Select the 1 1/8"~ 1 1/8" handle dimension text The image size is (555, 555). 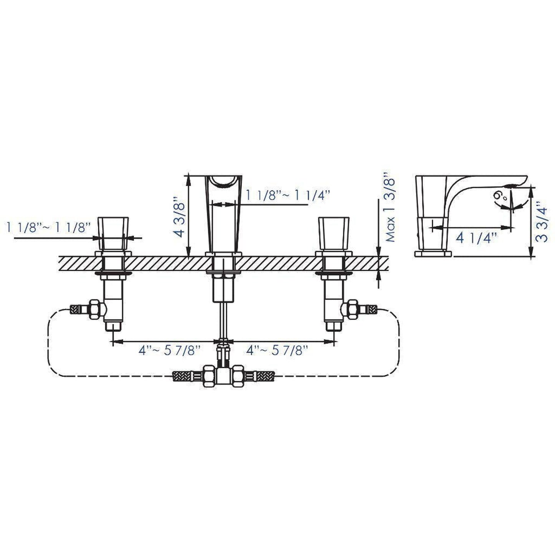48,227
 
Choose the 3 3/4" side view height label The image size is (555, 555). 542,222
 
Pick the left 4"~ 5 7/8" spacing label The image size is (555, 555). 169,351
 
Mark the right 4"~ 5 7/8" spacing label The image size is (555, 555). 277,351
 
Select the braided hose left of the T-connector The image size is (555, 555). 186,376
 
